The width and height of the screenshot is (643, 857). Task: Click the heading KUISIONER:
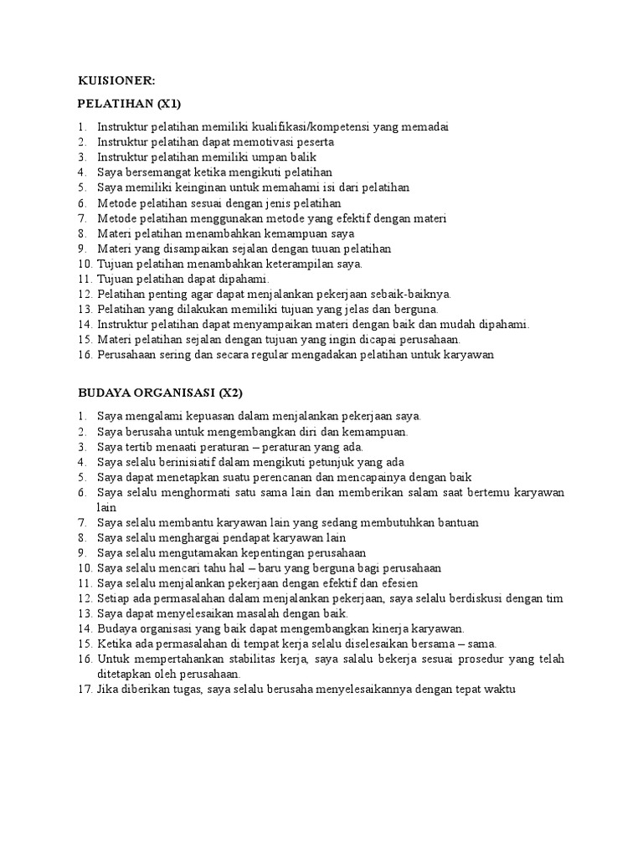tap(116, 80)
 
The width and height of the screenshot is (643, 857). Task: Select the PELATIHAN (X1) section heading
tap(129, 104)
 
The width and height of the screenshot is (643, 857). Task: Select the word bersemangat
tap(157, 172)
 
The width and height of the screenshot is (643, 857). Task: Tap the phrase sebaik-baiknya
tap(410, 294)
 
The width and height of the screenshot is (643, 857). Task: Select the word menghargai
tap(189, 537)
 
